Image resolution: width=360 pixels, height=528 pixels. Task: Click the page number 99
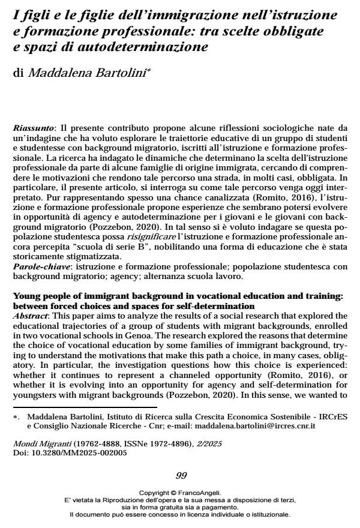[x=180, y=475]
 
